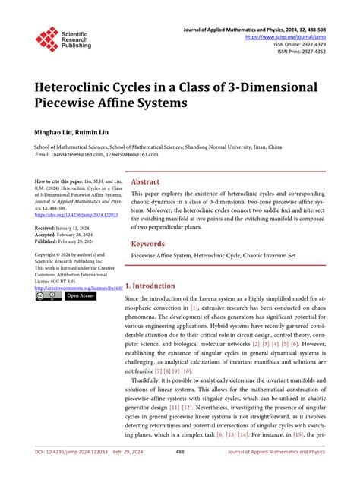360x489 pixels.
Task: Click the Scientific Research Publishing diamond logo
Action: click(47, 39)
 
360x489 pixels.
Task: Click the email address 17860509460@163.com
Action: click(127, 154)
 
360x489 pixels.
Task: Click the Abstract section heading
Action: click(145, 182)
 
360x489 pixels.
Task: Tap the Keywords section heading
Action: click(148, 244)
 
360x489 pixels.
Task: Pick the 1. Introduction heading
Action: click(150, 286)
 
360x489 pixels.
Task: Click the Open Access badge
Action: click(80, 296)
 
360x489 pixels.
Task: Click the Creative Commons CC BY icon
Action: click(48, 296)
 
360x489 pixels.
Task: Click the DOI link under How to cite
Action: click(73, 215)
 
